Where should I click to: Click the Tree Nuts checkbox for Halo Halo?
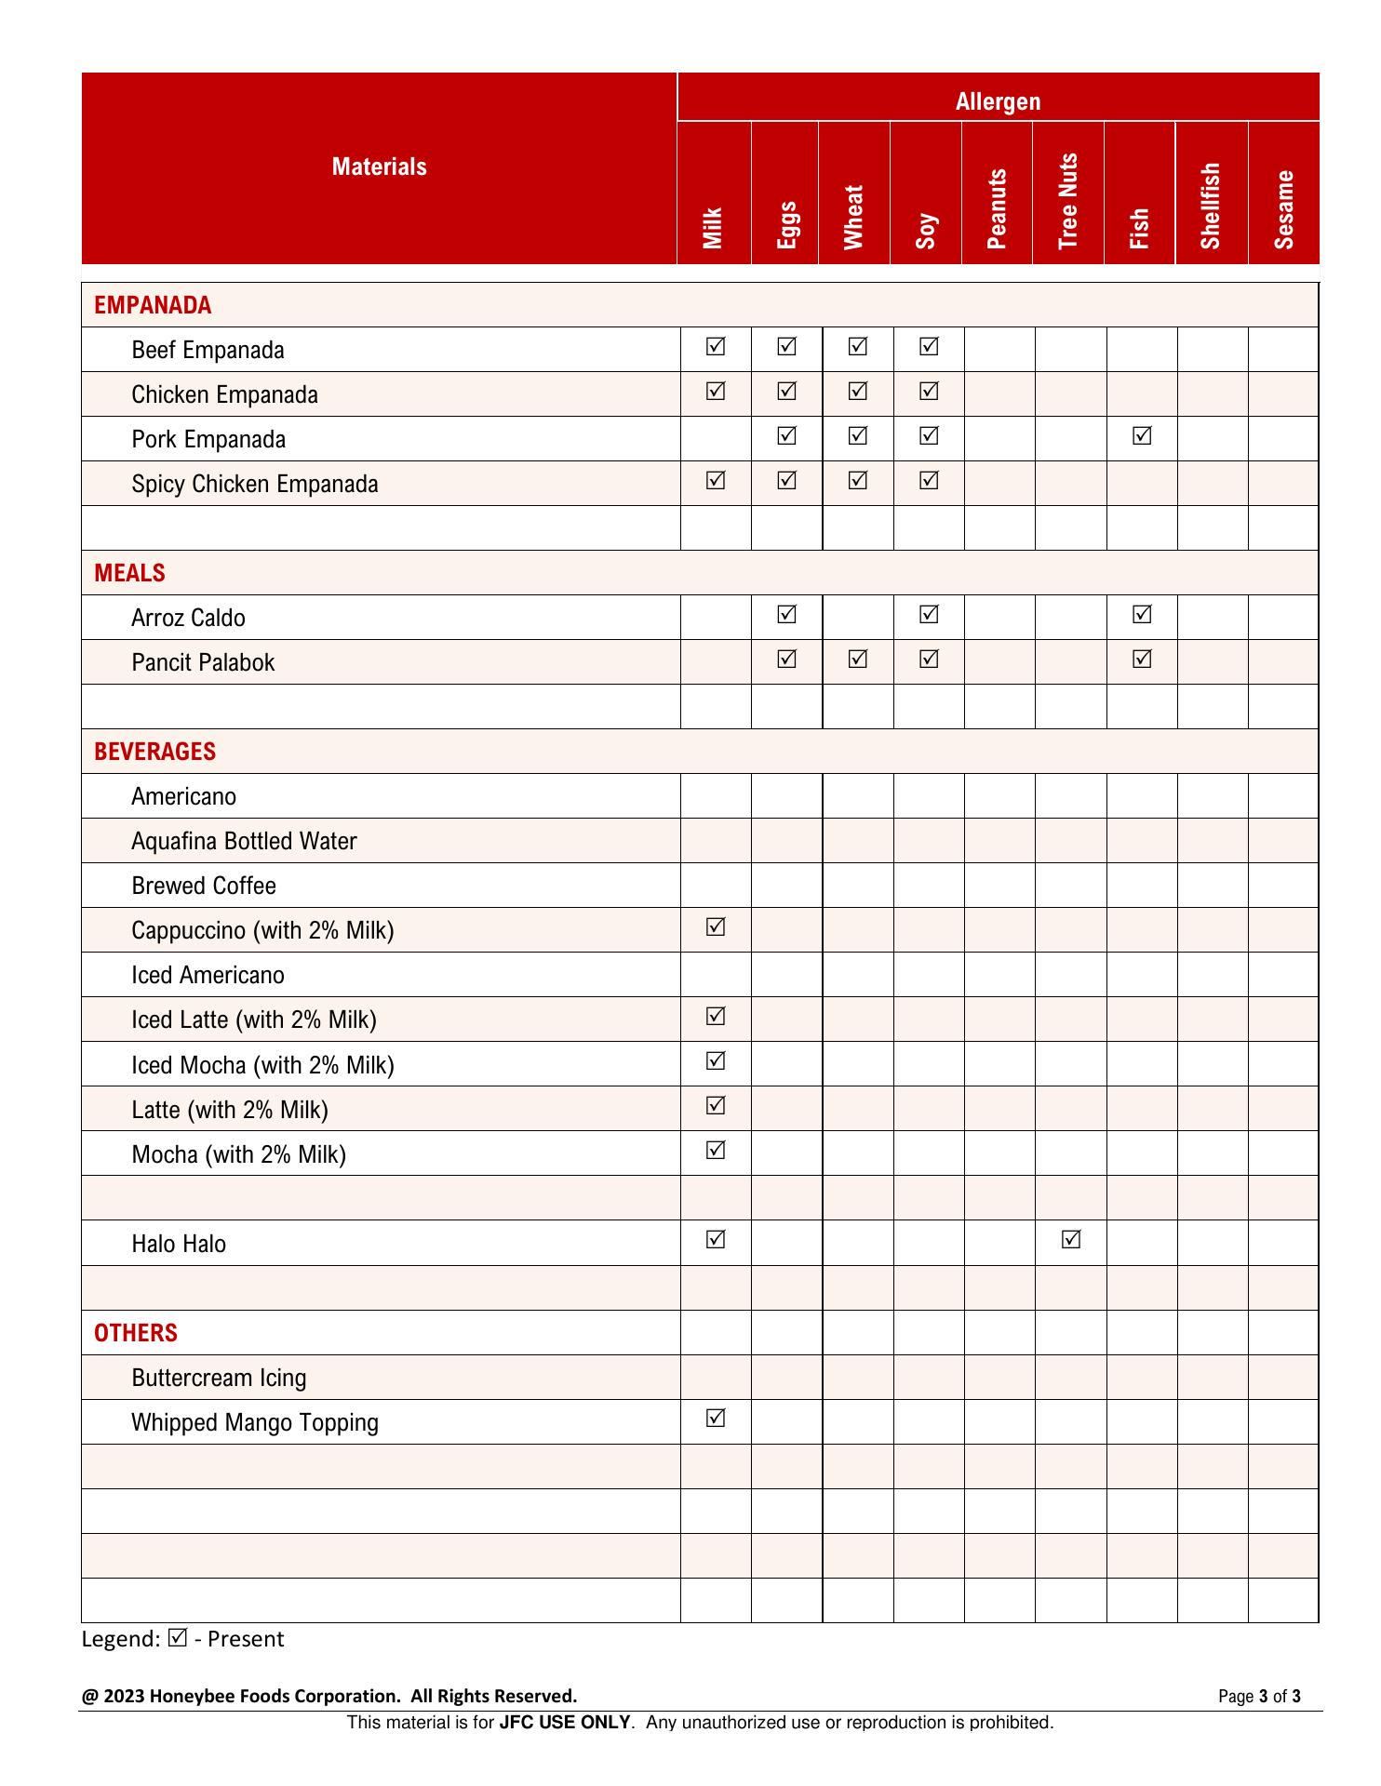1071,1239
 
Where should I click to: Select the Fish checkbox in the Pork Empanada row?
1142,435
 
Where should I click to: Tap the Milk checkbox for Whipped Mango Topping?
716,1418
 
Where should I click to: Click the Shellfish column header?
1211,206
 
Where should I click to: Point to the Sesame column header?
1284,209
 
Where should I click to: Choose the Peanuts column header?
997,208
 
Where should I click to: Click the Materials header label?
379,167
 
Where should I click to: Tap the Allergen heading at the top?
998,101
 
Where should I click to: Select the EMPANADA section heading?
153,305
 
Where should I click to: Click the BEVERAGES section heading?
154,752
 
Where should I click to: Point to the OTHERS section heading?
136,1333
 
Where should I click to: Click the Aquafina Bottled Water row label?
244,841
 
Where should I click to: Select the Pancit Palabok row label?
203,662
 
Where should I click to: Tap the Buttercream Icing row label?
219,1378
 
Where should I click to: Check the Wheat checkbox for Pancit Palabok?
858,659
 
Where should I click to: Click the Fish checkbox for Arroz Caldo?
1142,614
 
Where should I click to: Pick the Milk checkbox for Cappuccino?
716,926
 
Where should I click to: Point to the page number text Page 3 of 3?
1259,1696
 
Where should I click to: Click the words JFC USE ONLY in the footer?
565,1722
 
